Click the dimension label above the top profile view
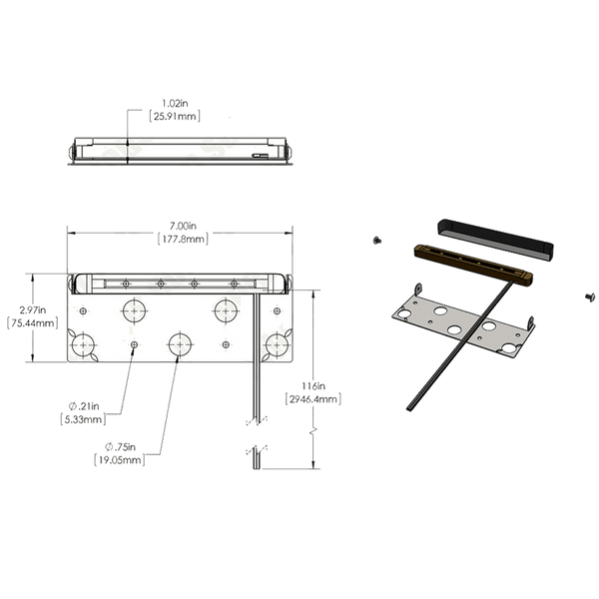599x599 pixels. pos(176,110)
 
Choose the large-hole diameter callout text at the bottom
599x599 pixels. pos(119,455)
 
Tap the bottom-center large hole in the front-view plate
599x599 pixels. pos(180,343)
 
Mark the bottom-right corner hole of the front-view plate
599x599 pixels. pos(276,343)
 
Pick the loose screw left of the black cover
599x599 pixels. pos(376,240)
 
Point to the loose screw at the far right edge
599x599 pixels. pos(593,297)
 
